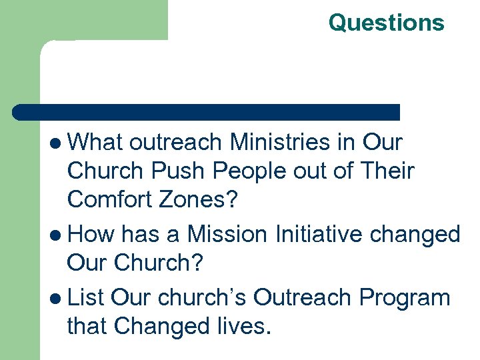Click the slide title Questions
(x=386, y=23)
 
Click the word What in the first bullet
(x=97, y=142)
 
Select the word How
(x=91, y=234)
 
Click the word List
(x=87, y=296)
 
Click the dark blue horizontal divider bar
(x=207, y=112)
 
